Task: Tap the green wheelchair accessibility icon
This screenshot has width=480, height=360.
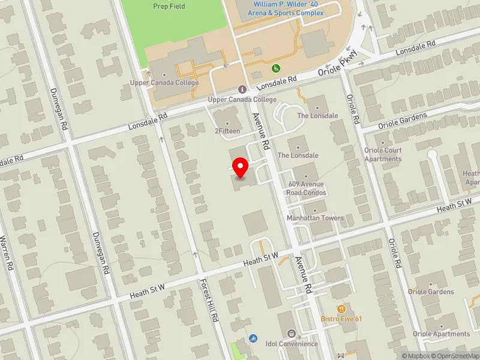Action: pos(276,68)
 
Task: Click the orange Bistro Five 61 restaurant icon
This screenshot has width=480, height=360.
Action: pos(341,308)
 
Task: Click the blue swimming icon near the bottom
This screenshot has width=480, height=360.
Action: pos(254,338)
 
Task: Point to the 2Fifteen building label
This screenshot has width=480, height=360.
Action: pos(228,130)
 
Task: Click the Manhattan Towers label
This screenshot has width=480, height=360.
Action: pos(316,218)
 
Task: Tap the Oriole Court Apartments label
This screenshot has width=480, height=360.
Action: pos(383,155)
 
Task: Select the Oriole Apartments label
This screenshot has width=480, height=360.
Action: pos(442,334)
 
